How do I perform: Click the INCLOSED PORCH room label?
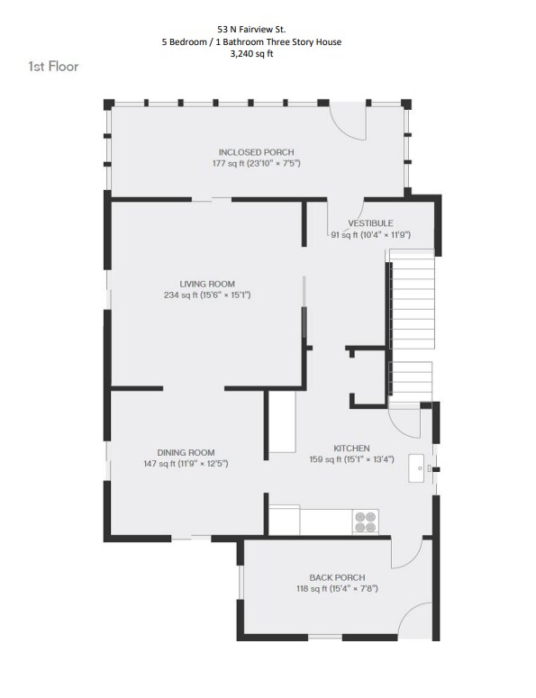click(256, 152)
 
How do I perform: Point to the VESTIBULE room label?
click(370, 222)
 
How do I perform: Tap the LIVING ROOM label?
click(207, 284)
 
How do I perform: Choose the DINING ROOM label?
click(186, 452)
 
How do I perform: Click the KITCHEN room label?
click(351, 448)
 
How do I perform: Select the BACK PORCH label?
click(335, 577)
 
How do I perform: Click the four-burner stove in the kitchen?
click(366, 521)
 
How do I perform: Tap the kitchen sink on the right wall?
click(419, 468)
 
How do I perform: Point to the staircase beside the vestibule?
click(411, 324)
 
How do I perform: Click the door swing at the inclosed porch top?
click(348, 122)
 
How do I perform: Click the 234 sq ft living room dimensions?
click(207, 295)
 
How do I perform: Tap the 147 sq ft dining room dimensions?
click(186, 464)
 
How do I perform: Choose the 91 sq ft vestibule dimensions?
click(370, 235)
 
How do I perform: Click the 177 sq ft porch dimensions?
click(256, 164)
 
